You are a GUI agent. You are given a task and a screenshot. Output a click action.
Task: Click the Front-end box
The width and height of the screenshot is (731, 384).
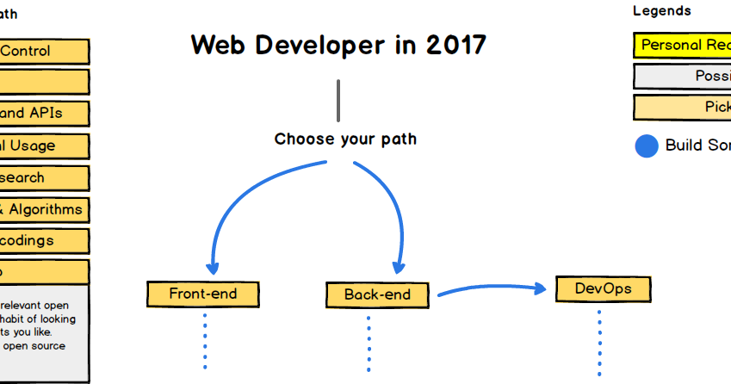pos(203,294)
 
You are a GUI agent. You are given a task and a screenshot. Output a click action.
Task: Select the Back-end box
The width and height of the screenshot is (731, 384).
pos(377,294)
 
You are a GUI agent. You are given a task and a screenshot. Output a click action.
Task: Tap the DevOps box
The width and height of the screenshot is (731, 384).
pos(603,288)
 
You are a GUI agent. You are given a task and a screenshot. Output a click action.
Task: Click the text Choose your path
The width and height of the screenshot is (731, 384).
pos(345,139)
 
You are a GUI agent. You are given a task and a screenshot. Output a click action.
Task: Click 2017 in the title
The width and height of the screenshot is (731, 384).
pos(455,45)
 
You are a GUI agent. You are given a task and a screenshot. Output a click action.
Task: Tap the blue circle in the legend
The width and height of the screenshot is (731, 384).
pos(647,146)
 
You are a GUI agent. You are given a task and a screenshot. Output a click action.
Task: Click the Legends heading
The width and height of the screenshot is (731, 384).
pos(662,11)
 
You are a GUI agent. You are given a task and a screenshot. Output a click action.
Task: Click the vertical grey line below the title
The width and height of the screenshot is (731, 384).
pos(338,100)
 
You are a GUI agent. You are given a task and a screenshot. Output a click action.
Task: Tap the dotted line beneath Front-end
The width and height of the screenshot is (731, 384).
pos(205,340)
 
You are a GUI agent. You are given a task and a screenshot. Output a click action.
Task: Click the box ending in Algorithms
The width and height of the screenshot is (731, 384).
pos(43,209)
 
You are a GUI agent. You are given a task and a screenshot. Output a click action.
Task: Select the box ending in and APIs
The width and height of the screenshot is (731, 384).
pos(43,113)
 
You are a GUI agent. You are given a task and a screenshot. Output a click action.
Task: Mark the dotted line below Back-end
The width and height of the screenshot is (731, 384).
pos(369,343)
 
